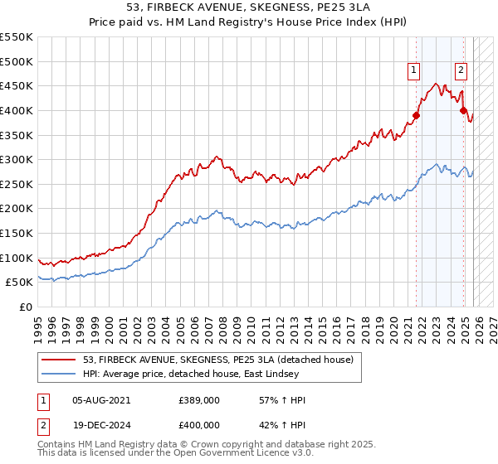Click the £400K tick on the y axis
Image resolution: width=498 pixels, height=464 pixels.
click(17, 110)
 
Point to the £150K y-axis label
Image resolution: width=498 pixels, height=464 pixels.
click(17, 233)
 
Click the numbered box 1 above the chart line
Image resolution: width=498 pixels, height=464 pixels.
click(413, 71)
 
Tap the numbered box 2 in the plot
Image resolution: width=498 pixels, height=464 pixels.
click(461, 71)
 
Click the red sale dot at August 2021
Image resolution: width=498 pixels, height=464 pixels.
click(417, 116)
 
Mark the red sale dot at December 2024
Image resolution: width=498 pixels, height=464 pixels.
click(464, 110)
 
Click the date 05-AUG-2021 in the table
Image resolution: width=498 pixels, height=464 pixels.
click(101, 400)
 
